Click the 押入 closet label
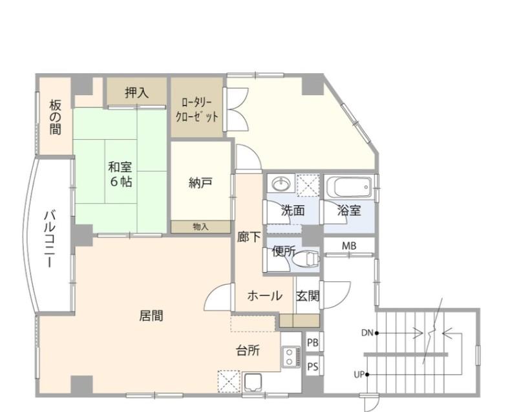[137, 92]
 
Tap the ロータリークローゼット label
[197, 109]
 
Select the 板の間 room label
[56, 118]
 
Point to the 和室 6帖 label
[120, 174]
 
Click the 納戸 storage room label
[200, 183]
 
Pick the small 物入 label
[200, 227]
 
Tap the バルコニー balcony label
[50, 239]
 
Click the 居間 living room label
[151, 316]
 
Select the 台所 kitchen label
[248, 351]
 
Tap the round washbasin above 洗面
[281, 184]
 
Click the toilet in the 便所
[306, 259]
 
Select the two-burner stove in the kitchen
[291, 356]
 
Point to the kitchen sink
[253, 383]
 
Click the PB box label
[313, 343]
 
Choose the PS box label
[313, 367]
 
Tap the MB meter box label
[349, 246]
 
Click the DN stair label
[367, 333]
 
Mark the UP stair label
[359, 375]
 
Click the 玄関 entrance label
[308, 296]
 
